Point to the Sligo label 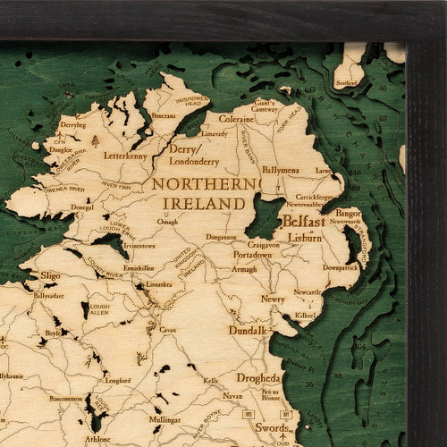pos(49,278)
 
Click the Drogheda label pos(259,378)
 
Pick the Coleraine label pos(236,118)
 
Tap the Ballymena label pos(281,169)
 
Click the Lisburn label pos(305,238)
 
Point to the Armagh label pos(244,269)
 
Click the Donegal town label pos(82,207)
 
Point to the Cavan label pos(167,329)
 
